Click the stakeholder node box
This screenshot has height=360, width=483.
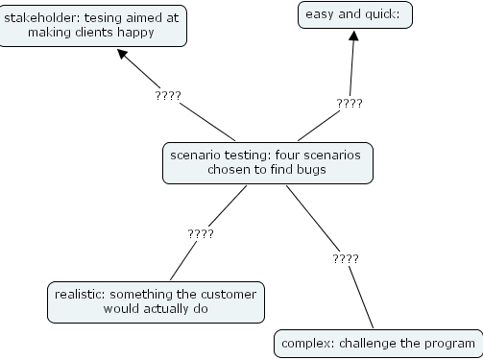click(92, 24)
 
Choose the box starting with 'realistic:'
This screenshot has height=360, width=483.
click(155, 302)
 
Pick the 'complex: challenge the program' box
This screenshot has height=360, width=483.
click(376, 343)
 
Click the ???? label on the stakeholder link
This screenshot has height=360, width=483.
click(167, 96)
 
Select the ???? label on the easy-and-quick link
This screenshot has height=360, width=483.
click(349, 103)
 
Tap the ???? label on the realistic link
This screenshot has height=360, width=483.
click(200, 233)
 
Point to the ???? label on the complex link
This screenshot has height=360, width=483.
click(345, 258)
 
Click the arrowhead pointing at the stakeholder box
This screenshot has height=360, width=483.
click(124, 57)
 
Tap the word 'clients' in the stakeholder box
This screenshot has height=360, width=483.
click(105, 32)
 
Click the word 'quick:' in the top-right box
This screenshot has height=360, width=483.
click(383, 13)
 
